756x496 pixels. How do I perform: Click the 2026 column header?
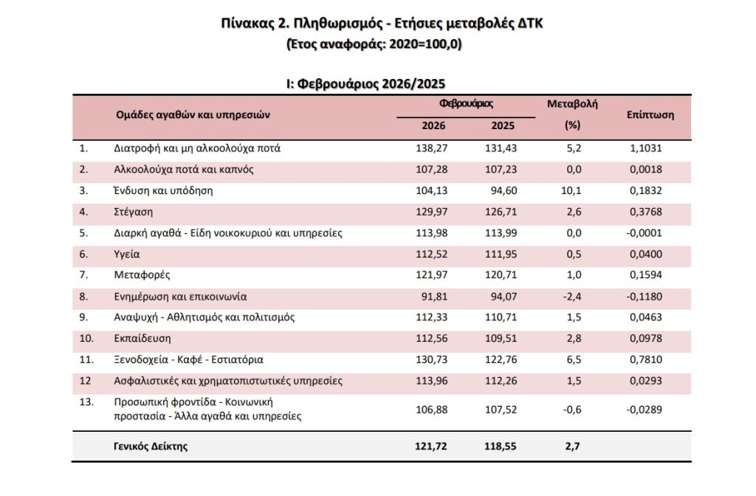[433, 126]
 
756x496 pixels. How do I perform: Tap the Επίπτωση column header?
[650, 115]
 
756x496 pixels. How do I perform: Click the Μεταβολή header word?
[572, 104]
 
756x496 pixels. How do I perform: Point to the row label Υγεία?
[128, 255]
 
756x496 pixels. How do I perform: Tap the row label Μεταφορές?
[142, 275]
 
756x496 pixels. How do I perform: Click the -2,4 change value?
[572, 297]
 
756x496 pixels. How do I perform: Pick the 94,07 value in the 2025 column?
[503, 297]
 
